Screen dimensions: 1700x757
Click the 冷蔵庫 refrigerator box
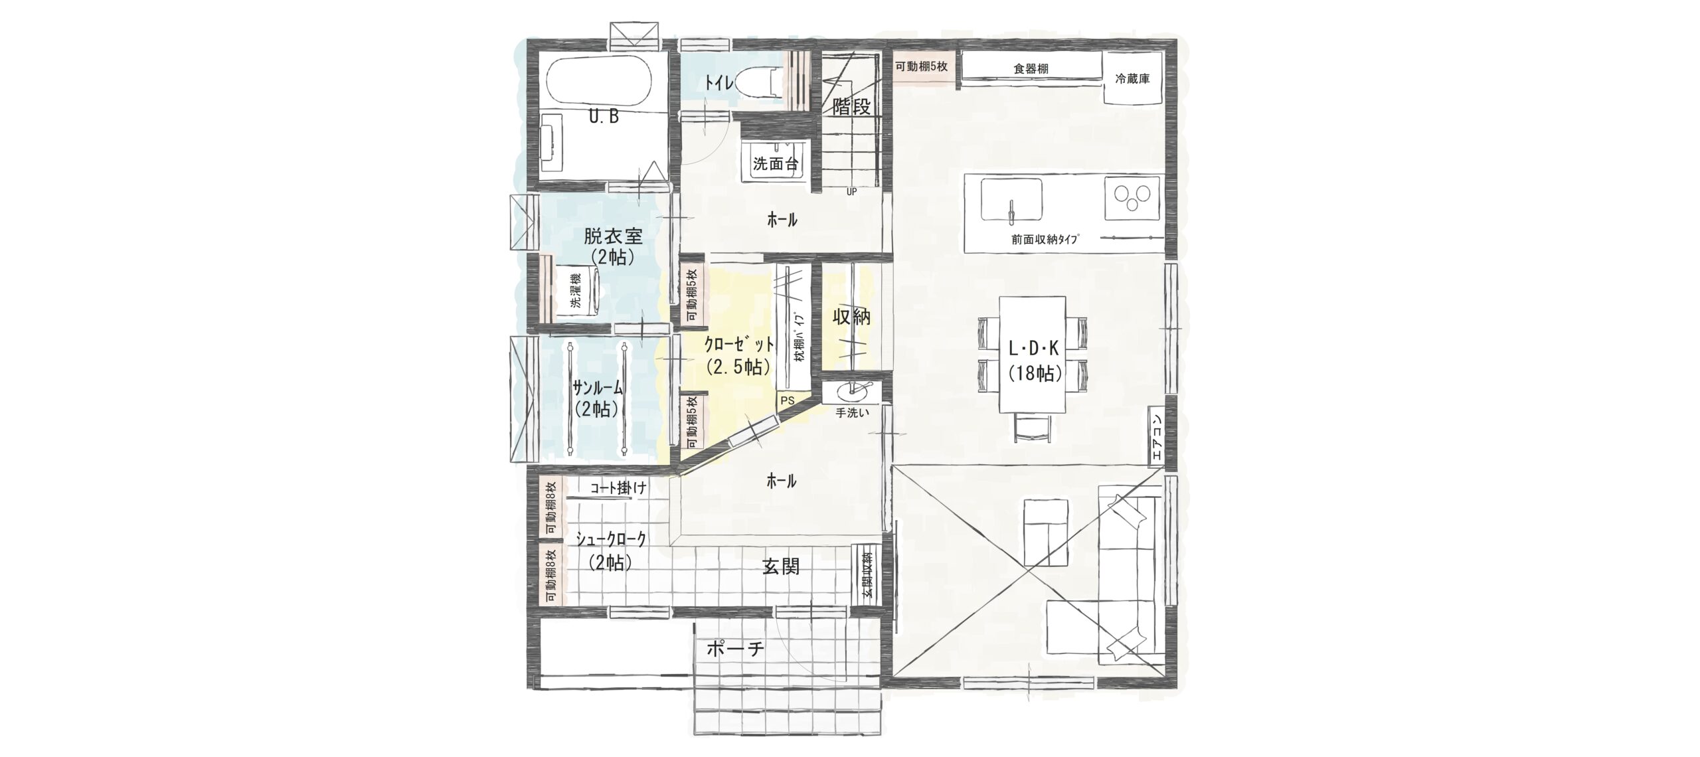click(1132, 79)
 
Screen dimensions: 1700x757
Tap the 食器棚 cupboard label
click(1031, 68)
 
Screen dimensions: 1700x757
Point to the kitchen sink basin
click(1011, 199)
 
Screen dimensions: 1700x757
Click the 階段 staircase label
click(851, 107)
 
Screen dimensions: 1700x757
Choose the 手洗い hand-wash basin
click(852, 391)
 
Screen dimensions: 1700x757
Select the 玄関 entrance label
click(780, 566)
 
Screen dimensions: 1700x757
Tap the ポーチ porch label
click(735, 649)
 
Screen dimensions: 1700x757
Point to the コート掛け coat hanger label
click(618, 488)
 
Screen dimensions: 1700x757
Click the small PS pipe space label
click(788, 401)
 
